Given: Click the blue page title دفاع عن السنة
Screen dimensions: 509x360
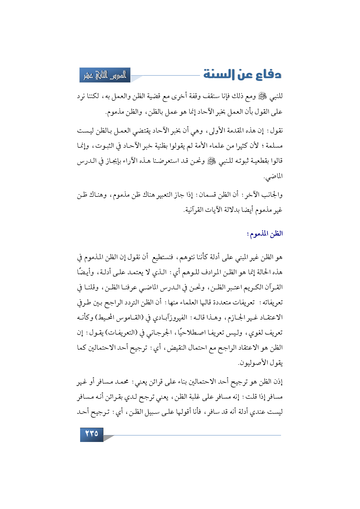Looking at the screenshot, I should point(242,74).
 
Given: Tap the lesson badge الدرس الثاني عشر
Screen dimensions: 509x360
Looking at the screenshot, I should point(105,75).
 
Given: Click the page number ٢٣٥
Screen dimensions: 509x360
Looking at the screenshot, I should point(91,434).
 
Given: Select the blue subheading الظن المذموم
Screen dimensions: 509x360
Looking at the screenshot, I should point(265,234).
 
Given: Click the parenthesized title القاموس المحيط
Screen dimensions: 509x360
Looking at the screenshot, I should point(120,317).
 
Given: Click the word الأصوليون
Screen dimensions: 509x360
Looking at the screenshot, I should point(251,363).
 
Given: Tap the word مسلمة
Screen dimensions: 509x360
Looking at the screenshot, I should point(273,146).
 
